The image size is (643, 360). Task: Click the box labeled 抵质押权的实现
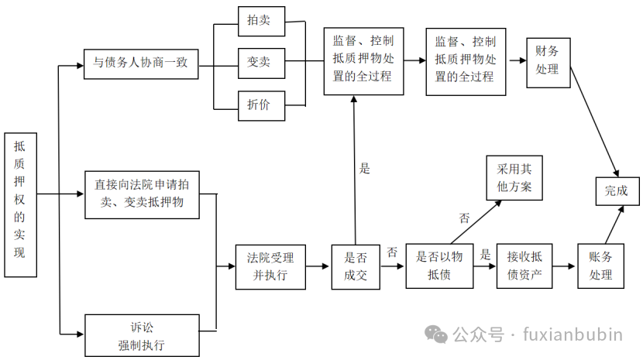pos(20,204)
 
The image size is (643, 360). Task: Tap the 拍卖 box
pos(260,21)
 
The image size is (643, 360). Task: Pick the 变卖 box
pos(260,62)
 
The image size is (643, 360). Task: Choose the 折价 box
pos(260,105)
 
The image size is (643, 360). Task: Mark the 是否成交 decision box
pos(356,267)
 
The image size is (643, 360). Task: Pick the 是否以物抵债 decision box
pos(439,267)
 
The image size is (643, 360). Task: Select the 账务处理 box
pos(600,267)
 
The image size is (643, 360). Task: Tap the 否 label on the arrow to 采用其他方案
pos(465,218)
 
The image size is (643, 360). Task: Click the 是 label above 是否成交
pos(366,168)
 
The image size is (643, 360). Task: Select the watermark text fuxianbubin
pos(573,335)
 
